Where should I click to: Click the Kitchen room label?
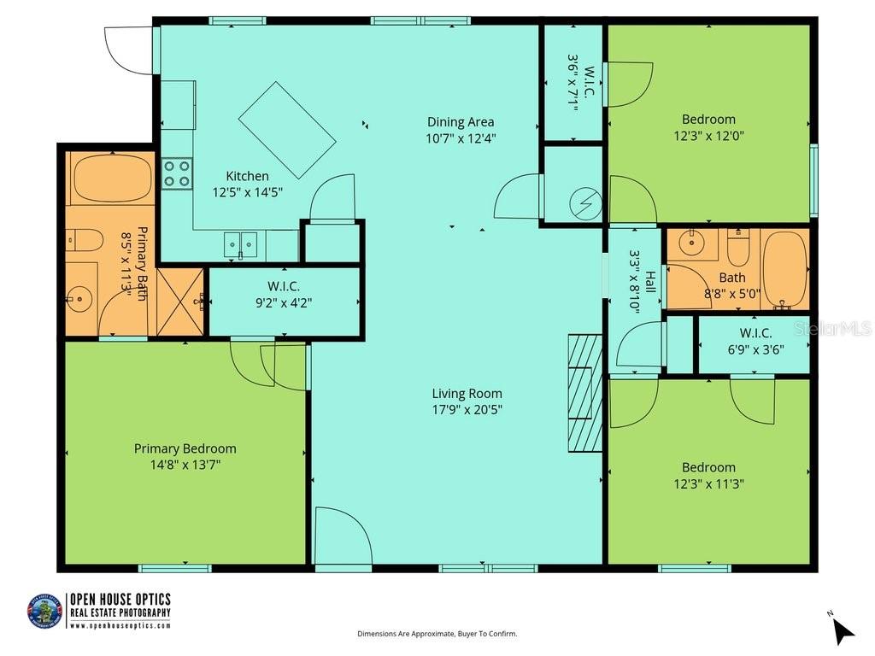(x=247, y=176)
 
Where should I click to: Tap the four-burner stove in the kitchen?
(x=178, y=173)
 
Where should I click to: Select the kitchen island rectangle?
(x=287, y=130)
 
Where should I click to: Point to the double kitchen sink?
(x=240, y=245)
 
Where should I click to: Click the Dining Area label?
(x=461, y=121)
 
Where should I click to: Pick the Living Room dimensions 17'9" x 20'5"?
(x=467, y=409)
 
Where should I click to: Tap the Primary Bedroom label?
(x=185, y=448)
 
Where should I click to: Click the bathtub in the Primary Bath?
(x=114, y=178)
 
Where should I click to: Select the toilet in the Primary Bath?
(x=85, y=240)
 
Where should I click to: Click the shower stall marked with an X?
(x=179, y=302)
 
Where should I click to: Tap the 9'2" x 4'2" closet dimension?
(x=284, y=303)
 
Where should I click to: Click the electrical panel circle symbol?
(x=585, y=204)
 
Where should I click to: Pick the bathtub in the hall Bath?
(x=785, y=269)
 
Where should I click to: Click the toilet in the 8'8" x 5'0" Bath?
(x=737, y=247)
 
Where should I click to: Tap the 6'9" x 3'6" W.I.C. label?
(x=756, y=342)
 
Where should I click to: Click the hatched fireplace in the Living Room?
(x=584, y=393)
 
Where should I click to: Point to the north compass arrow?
(x=843, y=630)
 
